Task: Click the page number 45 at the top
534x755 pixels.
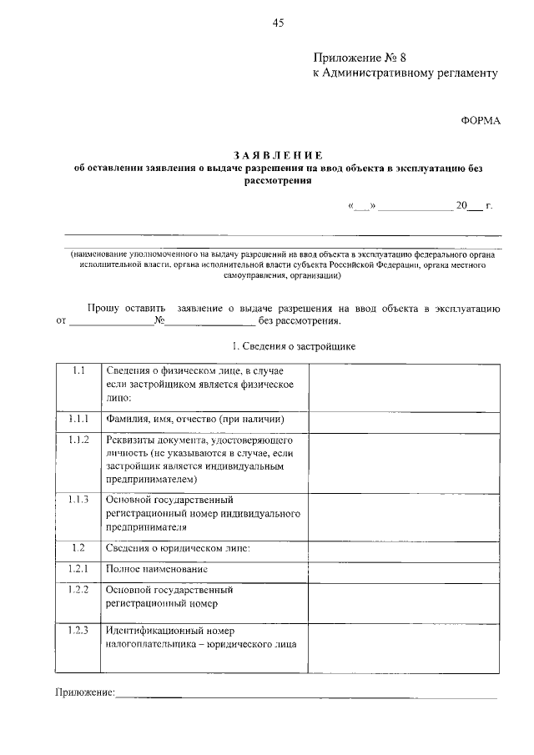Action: [278, 23]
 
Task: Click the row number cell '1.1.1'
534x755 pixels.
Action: [78, 419]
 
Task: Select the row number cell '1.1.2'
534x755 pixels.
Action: [78, 440]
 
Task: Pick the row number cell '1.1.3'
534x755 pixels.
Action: [78, 500]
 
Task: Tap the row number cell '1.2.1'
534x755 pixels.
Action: [78, 568]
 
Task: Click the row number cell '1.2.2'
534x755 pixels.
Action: [78, 589]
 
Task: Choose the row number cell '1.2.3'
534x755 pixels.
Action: [78, 630]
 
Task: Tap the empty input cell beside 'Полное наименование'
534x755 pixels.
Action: [406, 569]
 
